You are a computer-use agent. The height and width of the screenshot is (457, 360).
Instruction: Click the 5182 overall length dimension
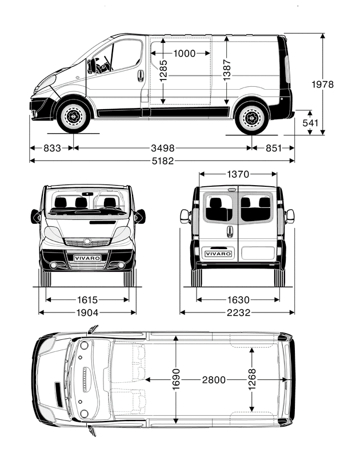pyautogui.click(x=162, y=161)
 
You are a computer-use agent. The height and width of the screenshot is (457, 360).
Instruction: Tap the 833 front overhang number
pyautogui.click(x=52, y=148)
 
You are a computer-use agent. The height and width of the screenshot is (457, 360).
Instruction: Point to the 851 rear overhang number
pyautogui.click(x=273, y=148)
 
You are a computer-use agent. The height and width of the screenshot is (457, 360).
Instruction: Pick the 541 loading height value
pyautogui.click(x=310, y=122)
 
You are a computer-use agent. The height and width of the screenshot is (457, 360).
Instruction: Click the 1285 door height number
pyautogui.click(x=163, y=71)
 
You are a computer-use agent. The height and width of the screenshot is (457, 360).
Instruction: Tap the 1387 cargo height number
pyautogui.click(x=227, y=70)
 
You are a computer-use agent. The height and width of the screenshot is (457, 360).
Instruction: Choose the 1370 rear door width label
pyautogui.click(x=238, y=174)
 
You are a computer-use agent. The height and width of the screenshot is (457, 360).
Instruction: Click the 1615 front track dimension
pyautogui.click(x=87, y=299)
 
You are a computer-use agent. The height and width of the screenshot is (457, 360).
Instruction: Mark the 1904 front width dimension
pyautogui.click(x=87, y=312)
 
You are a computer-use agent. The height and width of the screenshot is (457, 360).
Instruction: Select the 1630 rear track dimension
pyautogui.click(x=238, y=299)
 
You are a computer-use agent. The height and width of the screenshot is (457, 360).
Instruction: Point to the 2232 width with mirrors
pyautogui.click(x=237, y=312)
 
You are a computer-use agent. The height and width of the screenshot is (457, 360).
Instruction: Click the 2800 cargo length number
pyautogui.click(x=213, y=380)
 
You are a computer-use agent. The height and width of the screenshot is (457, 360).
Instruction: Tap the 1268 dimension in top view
pyautogui.click(x=252, y=380)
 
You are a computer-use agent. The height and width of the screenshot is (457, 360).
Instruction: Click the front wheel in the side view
pyautogui.click(x=73, y=117)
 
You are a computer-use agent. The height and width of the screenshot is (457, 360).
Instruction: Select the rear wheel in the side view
pyautogui.click(x=252, y=118)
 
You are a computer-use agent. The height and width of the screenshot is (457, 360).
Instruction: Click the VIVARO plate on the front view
pyautogui.click(x=87, y=258)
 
